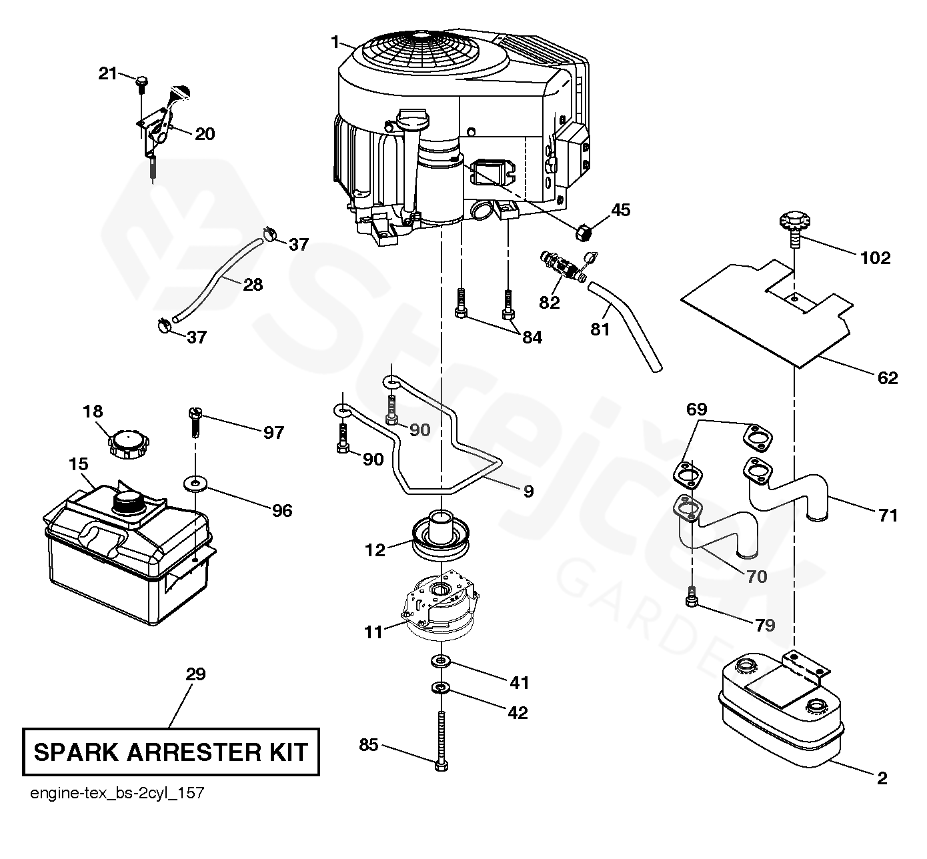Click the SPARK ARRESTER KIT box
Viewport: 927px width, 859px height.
point(171,752)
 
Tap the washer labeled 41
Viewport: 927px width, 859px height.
point(440,660)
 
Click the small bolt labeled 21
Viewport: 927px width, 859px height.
point(141,83)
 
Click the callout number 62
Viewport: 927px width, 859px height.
point(888,378)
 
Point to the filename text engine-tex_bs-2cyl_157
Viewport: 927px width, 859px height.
point(117,794)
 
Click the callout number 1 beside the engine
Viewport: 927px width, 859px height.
point(335,42)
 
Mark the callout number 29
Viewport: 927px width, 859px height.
point(195,674)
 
